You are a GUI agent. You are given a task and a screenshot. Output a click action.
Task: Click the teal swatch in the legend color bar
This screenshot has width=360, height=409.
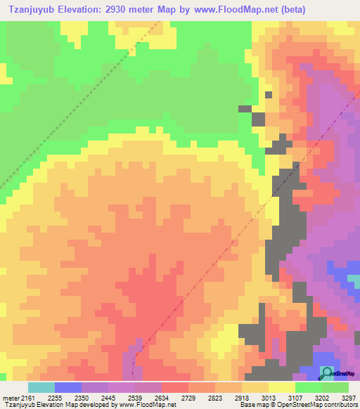[x=41, y=387]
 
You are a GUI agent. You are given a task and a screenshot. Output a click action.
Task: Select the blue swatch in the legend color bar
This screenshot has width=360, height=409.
[x=68, y=387]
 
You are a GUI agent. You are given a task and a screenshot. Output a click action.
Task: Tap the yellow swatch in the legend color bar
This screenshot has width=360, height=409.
[x=282, y=387]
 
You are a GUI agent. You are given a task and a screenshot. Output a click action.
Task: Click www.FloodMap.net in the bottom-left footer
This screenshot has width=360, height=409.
[x=146, y=405]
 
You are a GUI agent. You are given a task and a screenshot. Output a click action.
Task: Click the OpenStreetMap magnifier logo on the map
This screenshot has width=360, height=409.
[x=328, y=372]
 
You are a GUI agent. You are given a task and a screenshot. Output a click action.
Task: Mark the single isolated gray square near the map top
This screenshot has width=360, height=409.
[x=268, y=94]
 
